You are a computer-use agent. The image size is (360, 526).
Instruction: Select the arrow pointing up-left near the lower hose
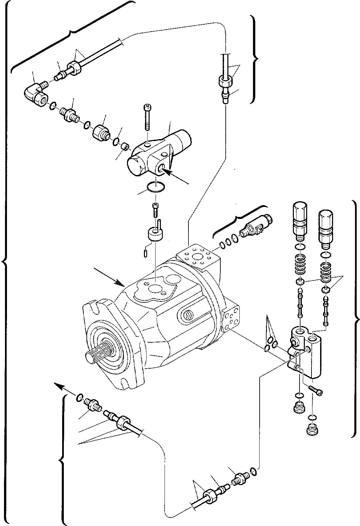pos(61,386)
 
